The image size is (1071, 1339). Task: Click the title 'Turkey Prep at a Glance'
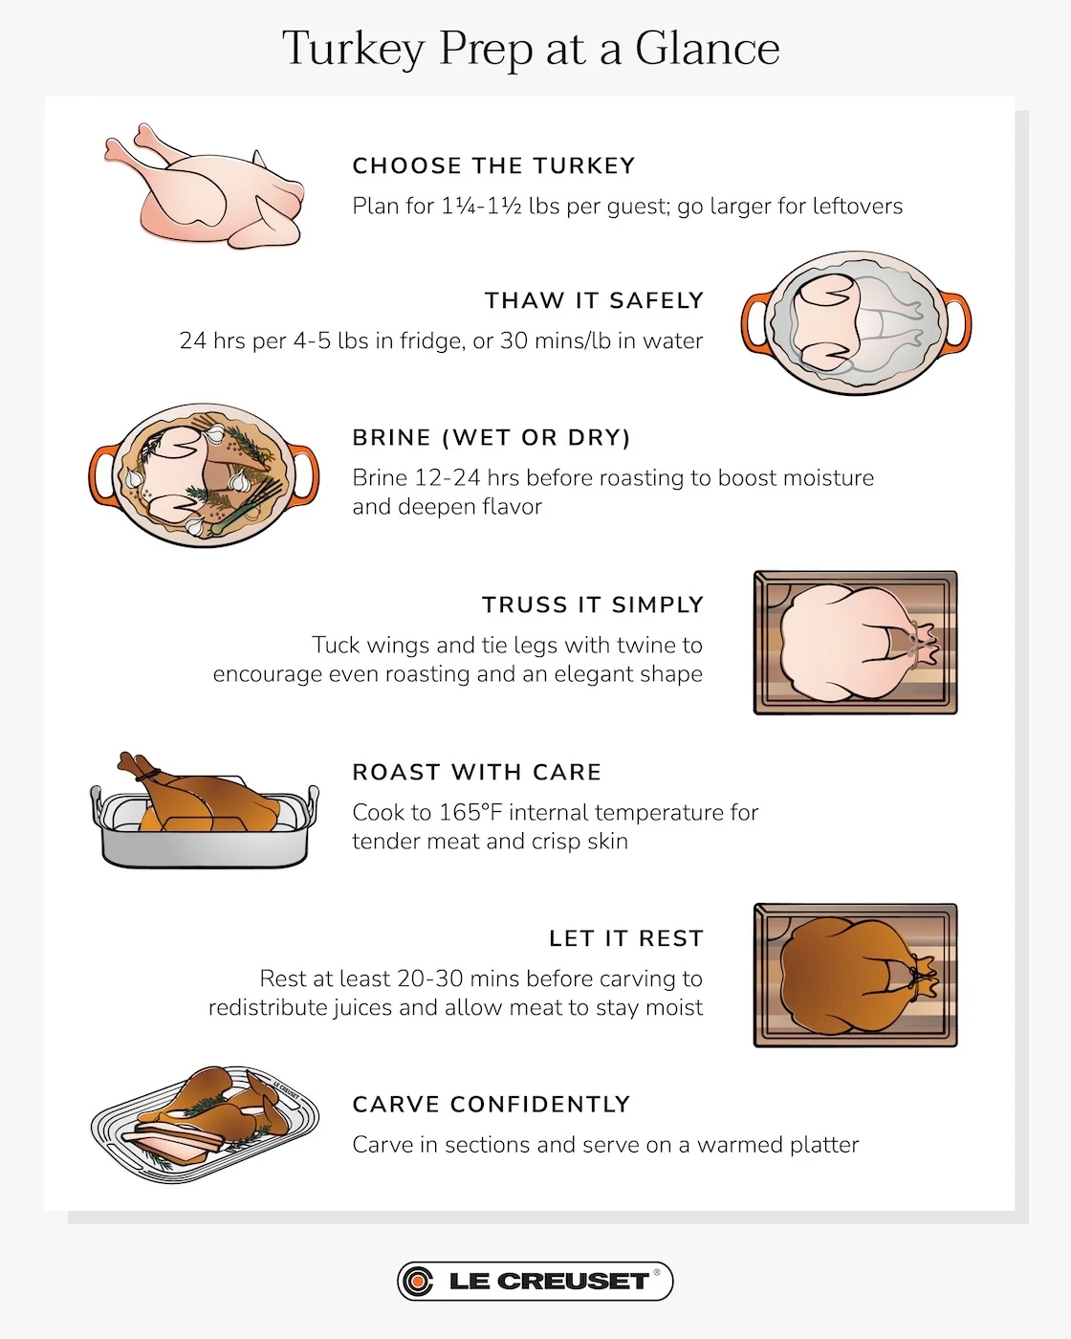click(531, 49)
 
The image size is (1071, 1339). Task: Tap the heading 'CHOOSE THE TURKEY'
click(493, 166)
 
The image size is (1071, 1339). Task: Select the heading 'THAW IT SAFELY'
click(594, 301)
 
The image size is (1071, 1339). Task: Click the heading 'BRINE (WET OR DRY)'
click(492, 438)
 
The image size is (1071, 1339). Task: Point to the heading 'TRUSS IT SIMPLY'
click(593, 605)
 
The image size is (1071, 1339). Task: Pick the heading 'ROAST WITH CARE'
click(477, 773)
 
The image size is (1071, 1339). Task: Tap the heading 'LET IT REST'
click(626, 939)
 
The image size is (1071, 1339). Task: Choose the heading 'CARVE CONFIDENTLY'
click(492, 1105)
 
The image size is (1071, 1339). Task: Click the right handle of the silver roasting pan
click(312, 803)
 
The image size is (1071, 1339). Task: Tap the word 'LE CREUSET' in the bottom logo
click(549, 1282)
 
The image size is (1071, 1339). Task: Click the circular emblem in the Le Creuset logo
click(417, 1282)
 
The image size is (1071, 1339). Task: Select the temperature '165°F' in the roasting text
click(470, 813)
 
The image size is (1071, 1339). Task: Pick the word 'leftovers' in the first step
click(857, 207)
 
